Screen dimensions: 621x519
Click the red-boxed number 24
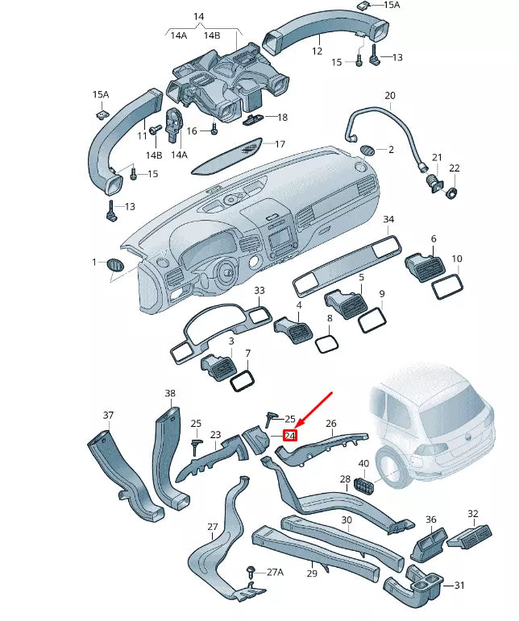point(290,436)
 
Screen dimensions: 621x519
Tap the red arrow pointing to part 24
point(315,410)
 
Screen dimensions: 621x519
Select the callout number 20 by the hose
point(390,96)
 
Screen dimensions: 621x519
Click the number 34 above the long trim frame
point(388,219)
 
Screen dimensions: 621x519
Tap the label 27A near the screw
point(275,572)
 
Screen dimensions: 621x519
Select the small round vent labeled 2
point(367,149)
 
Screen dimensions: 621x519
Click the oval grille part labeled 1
point(116,265)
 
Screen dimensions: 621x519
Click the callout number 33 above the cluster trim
point(259,290)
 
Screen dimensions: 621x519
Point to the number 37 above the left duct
point(108,415)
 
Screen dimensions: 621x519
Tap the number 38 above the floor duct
point(170,394)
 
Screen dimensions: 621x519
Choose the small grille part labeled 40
point(365,486)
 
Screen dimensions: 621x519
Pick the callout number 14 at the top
point(199,16)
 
